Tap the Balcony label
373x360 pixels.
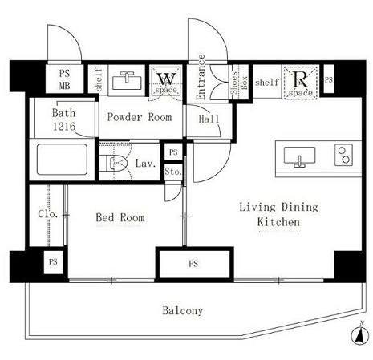[183, 310]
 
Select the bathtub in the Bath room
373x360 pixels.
[62, 160]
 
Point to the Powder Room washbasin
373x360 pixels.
[127, 80]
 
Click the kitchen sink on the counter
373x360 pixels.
[299, 157]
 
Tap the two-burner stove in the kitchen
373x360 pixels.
[343, 155]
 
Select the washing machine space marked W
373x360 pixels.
[166, 80]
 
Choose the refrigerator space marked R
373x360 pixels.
[301, 83]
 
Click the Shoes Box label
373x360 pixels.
[239, 83]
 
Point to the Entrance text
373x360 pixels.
[201, 77]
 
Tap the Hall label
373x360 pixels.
[209, 119]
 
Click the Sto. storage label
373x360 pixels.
[173, 172]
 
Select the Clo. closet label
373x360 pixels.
[48, 214]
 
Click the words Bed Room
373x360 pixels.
[120, 217]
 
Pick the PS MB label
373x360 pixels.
[64, 79]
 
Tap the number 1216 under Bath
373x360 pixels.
[64, 127]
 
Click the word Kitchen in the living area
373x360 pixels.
[278, 222]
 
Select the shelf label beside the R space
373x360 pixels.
[266, 82]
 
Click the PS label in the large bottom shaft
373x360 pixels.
[193, 264]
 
